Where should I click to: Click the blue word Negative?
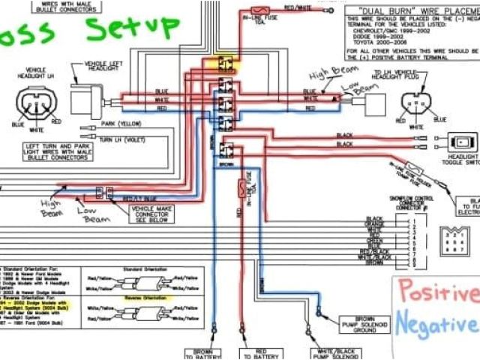435,324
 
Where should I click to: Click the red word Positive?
436,292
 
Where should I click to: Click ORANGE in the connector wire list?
375,224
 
